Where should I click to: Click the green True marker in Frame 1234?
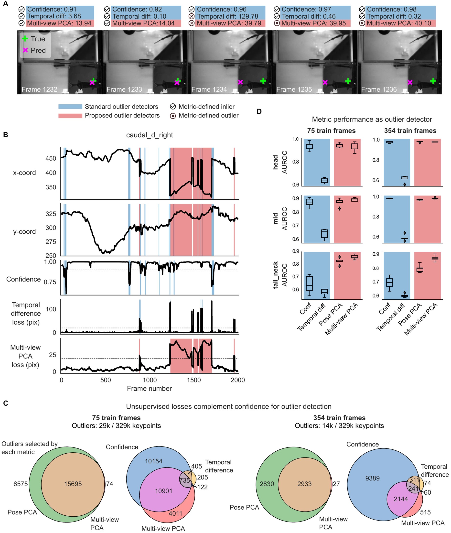click(x=263, y=81)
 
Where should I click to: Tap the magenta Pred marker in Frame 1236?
click(x=410, y=82)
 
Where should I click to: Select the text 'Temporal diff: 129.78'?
click(x=227, y=16)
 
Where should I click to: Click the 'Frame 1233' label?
click(x=124, y=89)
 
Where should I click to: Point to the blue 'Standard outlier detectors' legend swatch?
click(x=70, y=106)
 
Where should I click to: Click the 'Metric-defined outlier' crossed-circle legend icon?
click(x=173, y=116)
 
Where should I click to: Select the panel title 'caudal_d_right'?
click(x=149, y=135)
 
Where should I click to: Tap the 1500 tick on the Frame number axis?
click(x=193, y=380)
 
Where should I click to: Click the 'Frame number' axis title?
click(x=149, y=389)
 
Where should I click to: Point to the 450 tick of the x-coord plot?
click(x=51, y=158)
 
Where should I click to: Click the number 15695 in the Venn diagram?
click(x=73, y=484)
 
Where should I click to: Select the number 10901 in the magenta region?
click(x=163, y=491)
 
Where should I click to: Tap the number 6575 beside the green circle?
click(x=21, y=484)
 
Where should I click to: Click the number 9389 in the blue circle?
click(x=372, y=478)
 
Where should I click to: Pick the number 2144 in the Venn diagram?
click(x=401, y=499)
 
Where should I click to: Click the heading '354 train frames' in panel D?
click(x=410, y=131)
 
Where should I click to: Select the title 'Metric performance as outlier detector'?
click(x=372, y=119)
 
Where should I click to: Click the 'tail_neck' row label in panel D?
click(x=275, y=275)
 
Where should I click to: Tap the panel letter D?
click(x=259, y=111)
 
